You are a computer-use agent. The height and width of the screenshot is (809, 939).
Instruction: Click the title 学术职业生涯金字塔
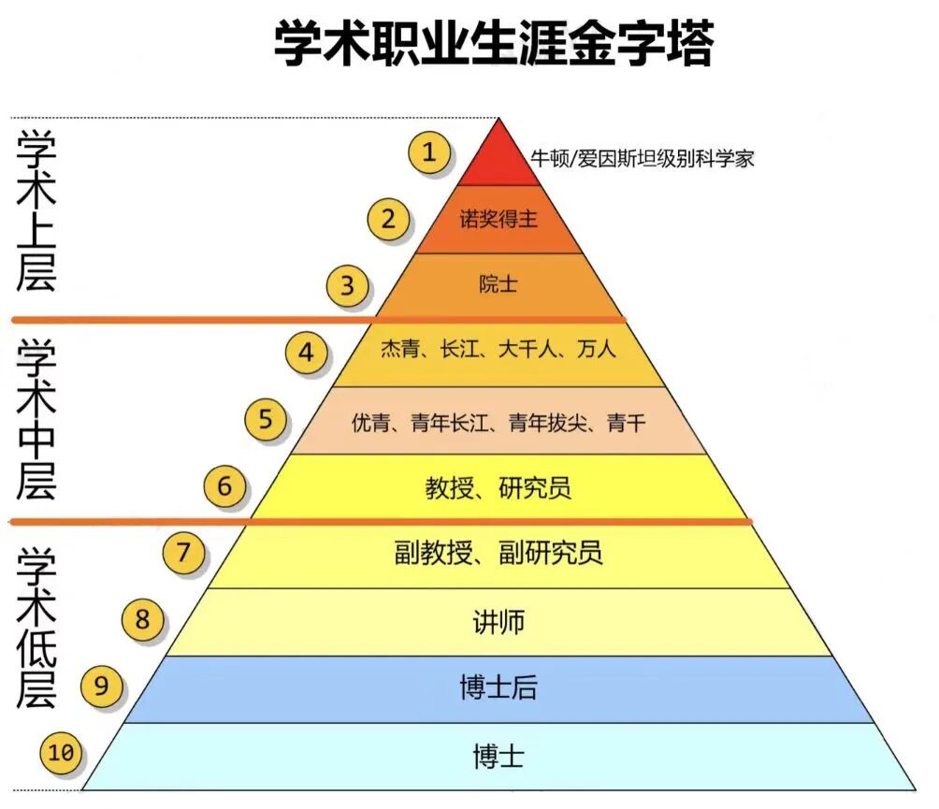(x=493, y=44)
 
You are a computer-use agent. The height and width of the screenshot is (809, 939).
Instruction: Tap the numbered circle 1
(x=429, y=152)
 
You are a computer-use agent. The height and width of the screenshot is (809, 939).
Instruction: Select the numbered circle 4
(x=307, y=353)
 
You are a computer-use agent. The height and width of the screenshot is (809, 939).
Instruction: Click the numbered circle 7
(x=184, y=553)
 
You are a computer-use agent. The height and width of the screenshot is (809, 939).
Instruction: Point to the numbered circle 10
(x=62, y=753)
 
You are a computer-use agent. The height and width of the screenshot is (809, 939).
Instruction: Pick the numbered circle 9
(x=102, y=687)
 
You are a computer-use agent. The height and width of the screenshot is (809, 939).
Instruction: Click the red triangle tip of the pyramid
(x=498, y=159)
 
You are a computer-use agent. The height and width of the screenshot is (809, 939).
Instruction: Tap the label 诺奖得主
(x=498, y=219)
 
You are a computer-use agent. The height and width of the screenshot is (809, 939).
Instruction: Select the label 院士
(x=498, y=284)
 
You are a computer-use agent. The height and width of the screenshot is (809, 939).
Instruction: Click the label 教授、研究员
(x=498, y=487)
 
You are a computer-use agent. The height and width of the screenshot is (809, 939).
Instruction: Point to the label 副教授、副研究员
(x=498, y=553)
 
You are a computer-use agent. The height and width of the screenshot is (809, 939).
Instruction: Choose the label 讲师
(x=498, y=621)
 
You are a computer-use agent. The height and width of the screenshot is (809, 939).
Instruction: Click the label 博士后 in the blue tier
(x=498, y=688)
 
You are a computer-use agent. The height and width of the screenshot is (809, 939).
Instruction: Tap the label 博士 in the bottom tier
(x=498, y=756)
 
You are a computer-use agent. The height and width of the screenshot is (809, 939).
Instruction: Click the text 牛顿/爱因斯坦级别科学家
(x=642, y=158)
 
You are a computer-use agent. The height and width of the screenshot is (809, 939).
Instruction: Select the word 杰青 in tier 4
(x=400, y=350)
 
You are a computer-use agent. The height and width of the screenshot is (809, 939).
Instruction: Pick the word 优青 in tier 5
(x=371, y=423)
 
